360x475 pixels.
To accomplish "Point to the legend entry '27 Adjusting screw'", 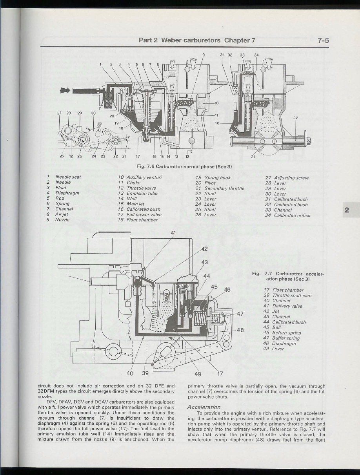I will [x=287, y=178].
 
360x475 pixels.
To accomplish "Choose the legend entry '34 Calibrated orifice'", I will [x=287, y=215].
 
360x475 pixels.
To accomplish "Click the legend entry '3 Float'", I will [x=58, y=188].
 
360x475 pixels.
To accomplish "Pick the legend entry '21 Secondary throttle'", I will [x=220, y=188].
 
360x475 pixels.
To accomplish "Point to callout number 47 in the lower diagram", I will [x=240, y=314].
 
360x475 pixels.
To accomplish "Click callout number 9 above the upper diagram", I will [x=203, y=55].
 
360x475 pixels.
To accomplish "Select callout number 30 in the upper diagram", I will [x=93, y=113].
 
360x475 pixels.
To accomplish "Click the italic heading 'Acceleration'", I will [x=204, y=407].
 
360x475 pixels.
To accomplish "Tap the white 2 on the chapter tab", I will [x=346, y=210].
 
